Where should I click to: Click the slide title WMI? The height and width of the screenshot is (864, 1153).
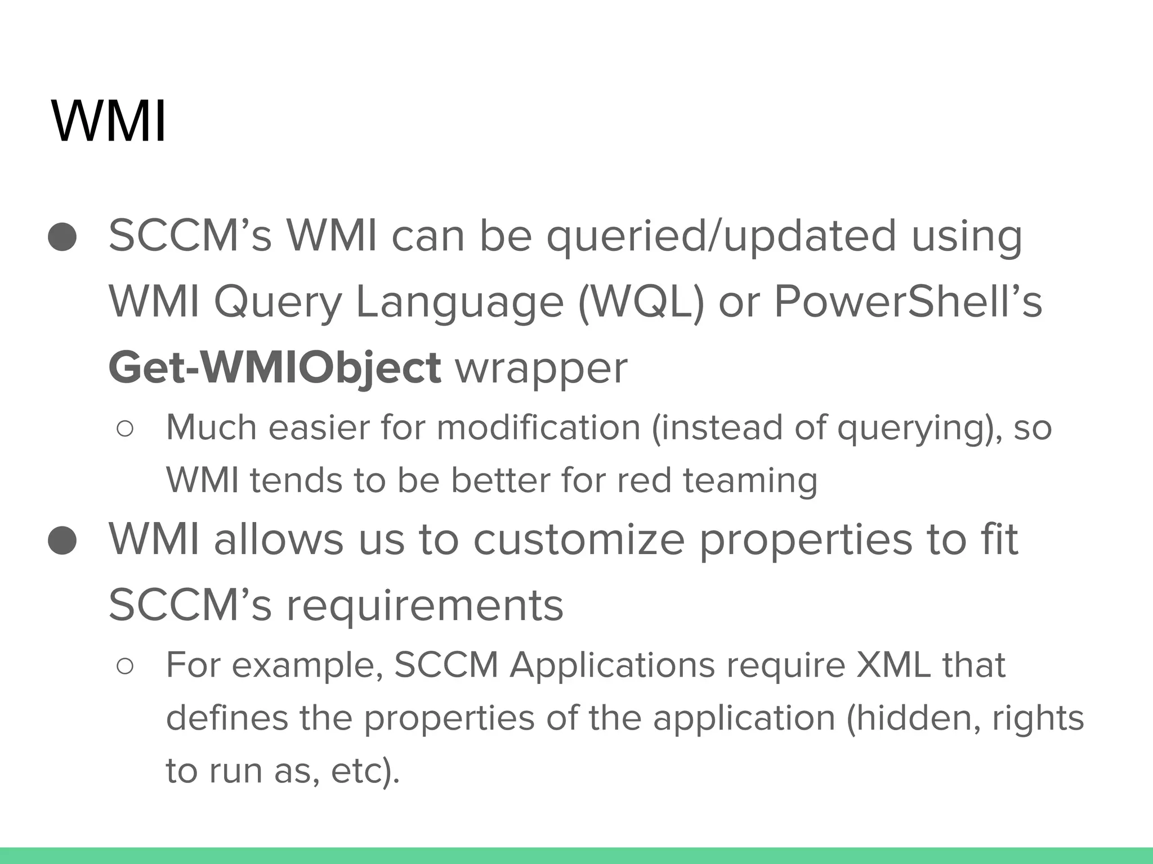click(109, 121)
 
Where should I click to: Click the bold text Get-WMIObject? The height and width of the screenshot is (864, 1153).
click(274, 367)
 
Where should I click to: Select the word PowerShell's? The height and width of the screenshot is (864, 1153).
click(908, 301)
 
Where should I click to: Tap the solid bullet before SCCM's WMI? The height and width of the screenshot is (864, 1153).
click(62, 236)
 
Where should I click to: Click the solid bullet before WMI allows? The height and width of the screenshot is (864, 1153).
click(62, 541)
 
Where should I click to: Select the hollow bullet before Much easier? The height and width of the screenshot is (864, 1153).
click(124, 429)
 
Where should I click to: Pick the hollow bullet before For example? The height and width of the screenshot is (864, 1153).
click(124, 667)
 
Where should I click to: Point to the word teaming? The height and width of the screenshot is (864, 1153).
click(750, 481)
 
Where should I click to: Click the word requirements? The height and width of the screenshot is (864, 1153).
click(424, 605)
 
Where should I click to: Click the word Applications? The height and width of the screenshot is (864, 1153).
click(612, 667)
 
